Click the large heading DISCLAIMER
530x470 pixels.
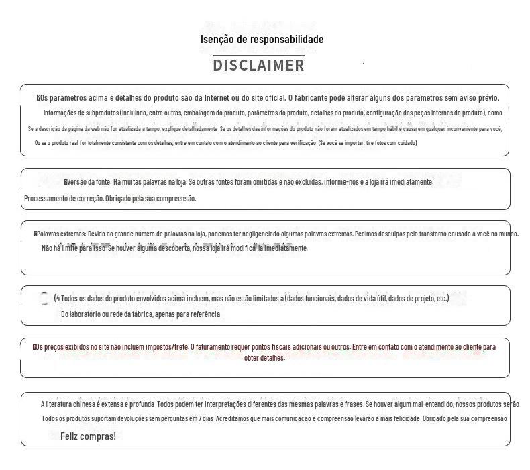[258, 65]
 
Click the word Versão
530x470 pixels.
[79, 182]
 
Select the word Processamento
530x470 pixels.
[49, 199]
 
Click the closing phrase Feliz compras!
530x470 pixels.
[88, 436]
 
